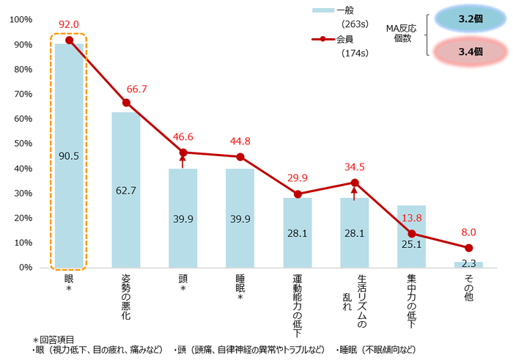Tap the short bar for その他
(x=468, y=264)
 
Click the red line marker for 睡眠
(x=240, y=157)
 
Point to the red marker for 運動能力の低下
(x=298, y=194)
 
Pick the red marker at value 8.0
(x=468, y=248)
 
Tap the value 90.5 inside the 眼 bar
(x=69, y=155)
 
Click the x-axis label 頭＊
(x=182, y=286)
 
